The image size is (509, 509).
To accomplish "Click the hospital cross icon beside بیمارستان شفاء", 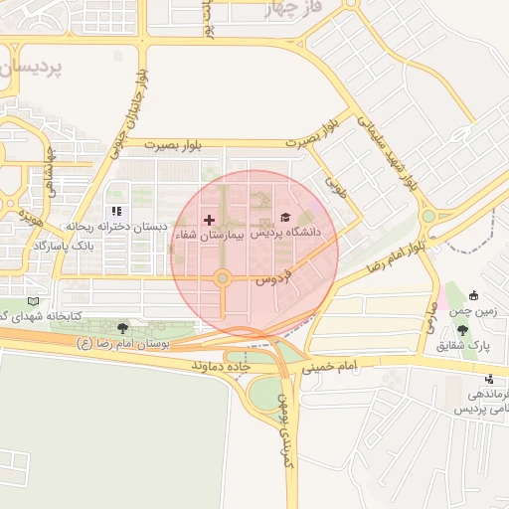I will (x=209, y=219).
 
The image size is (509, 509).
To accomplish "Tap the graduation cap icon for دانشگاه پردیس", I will (x=284, y=217).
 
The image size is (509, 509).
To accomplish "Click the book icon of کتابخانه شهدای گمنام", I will (x=35, y=300).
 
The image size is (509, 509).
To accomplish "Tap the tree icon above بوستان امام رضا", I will (x=123, y=327).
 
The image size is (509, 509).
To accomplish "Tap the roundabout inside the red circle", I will (x=223, y=279).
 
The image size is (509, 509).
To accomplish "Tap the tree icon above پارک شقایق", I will (x=462, y=328).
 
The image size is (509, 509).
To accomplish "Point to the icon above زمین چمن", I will (x=473, y=294).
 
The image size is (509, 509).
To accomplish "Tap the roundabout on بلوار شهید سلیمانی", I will (x=428, y=216).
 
